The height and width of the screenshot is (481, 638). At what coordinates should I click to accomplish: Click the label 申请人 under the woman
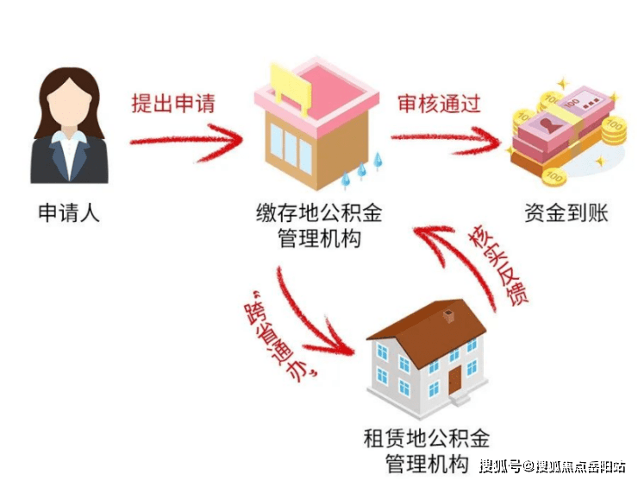pyautogui.click(x=69, y=212)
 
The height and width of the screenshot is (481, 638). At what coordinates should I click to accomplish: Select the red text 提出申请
pyautogui.click(x=173, y=104)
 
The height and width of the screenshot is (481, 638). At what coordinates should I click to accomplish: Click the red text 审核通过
pyautogui.click(x=439, y=104)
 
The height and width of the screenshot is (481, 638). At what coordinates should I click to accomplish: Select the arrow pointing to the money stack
pyautogui.click(x=446, y=140)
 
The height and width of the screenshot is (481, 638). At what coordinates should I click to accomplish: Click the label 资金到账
pyautogui.click(x=566, y=212)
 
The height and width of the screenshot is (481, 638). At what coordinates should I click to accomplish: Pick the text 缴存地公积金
pyautogui.click(x=319, y=212)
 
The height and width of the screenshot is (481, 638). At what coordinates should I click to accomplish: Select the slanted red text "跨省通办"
pyautogui.click(x=282, y=335)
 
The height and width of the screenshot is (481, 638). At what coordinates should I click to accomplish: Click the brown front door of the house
pyautogui.click(x=455, y=379)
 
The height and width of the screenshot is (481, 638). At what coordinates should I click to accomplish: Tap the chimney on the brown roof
pyautogui.click(x=448, y=315)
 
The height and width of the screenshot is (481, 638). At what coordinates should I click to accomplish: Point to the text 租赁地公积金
pyautogui.click(x=427, y=438)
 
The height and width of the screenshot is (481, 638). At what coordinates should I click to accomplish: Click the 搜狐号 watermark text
pyautogui.click(x=500, y=465)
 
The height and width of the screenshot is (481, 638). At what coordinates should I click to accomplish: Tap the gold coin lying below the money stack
pyautogui.click(x=554, y=177)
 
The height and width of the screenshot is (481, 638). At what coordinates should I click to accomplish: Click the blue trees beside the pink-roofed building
pyautogui.click(x=362, y=170)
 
